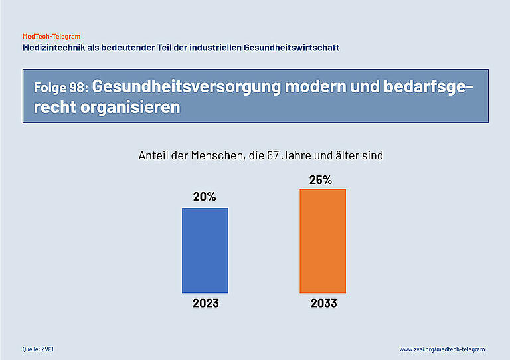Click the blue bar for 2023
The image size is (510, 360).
tap(205, 250)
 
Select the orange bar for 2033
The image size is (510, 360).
tap(323, 241)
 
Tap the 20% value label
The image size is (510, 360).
tap(205, 197)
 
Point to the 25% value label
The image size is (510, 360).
tap(321, 179)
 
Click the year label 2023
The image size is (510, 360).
tap(206, 304)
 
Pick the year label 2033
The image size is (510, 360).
tap(323, 304)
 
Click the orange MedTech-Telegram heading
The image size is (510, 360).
tap(51, 36)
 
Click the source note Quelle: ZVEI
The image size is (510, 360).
tap(37, 349)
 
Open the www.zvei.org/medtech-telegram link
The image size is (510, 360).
tap(442, 349)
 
